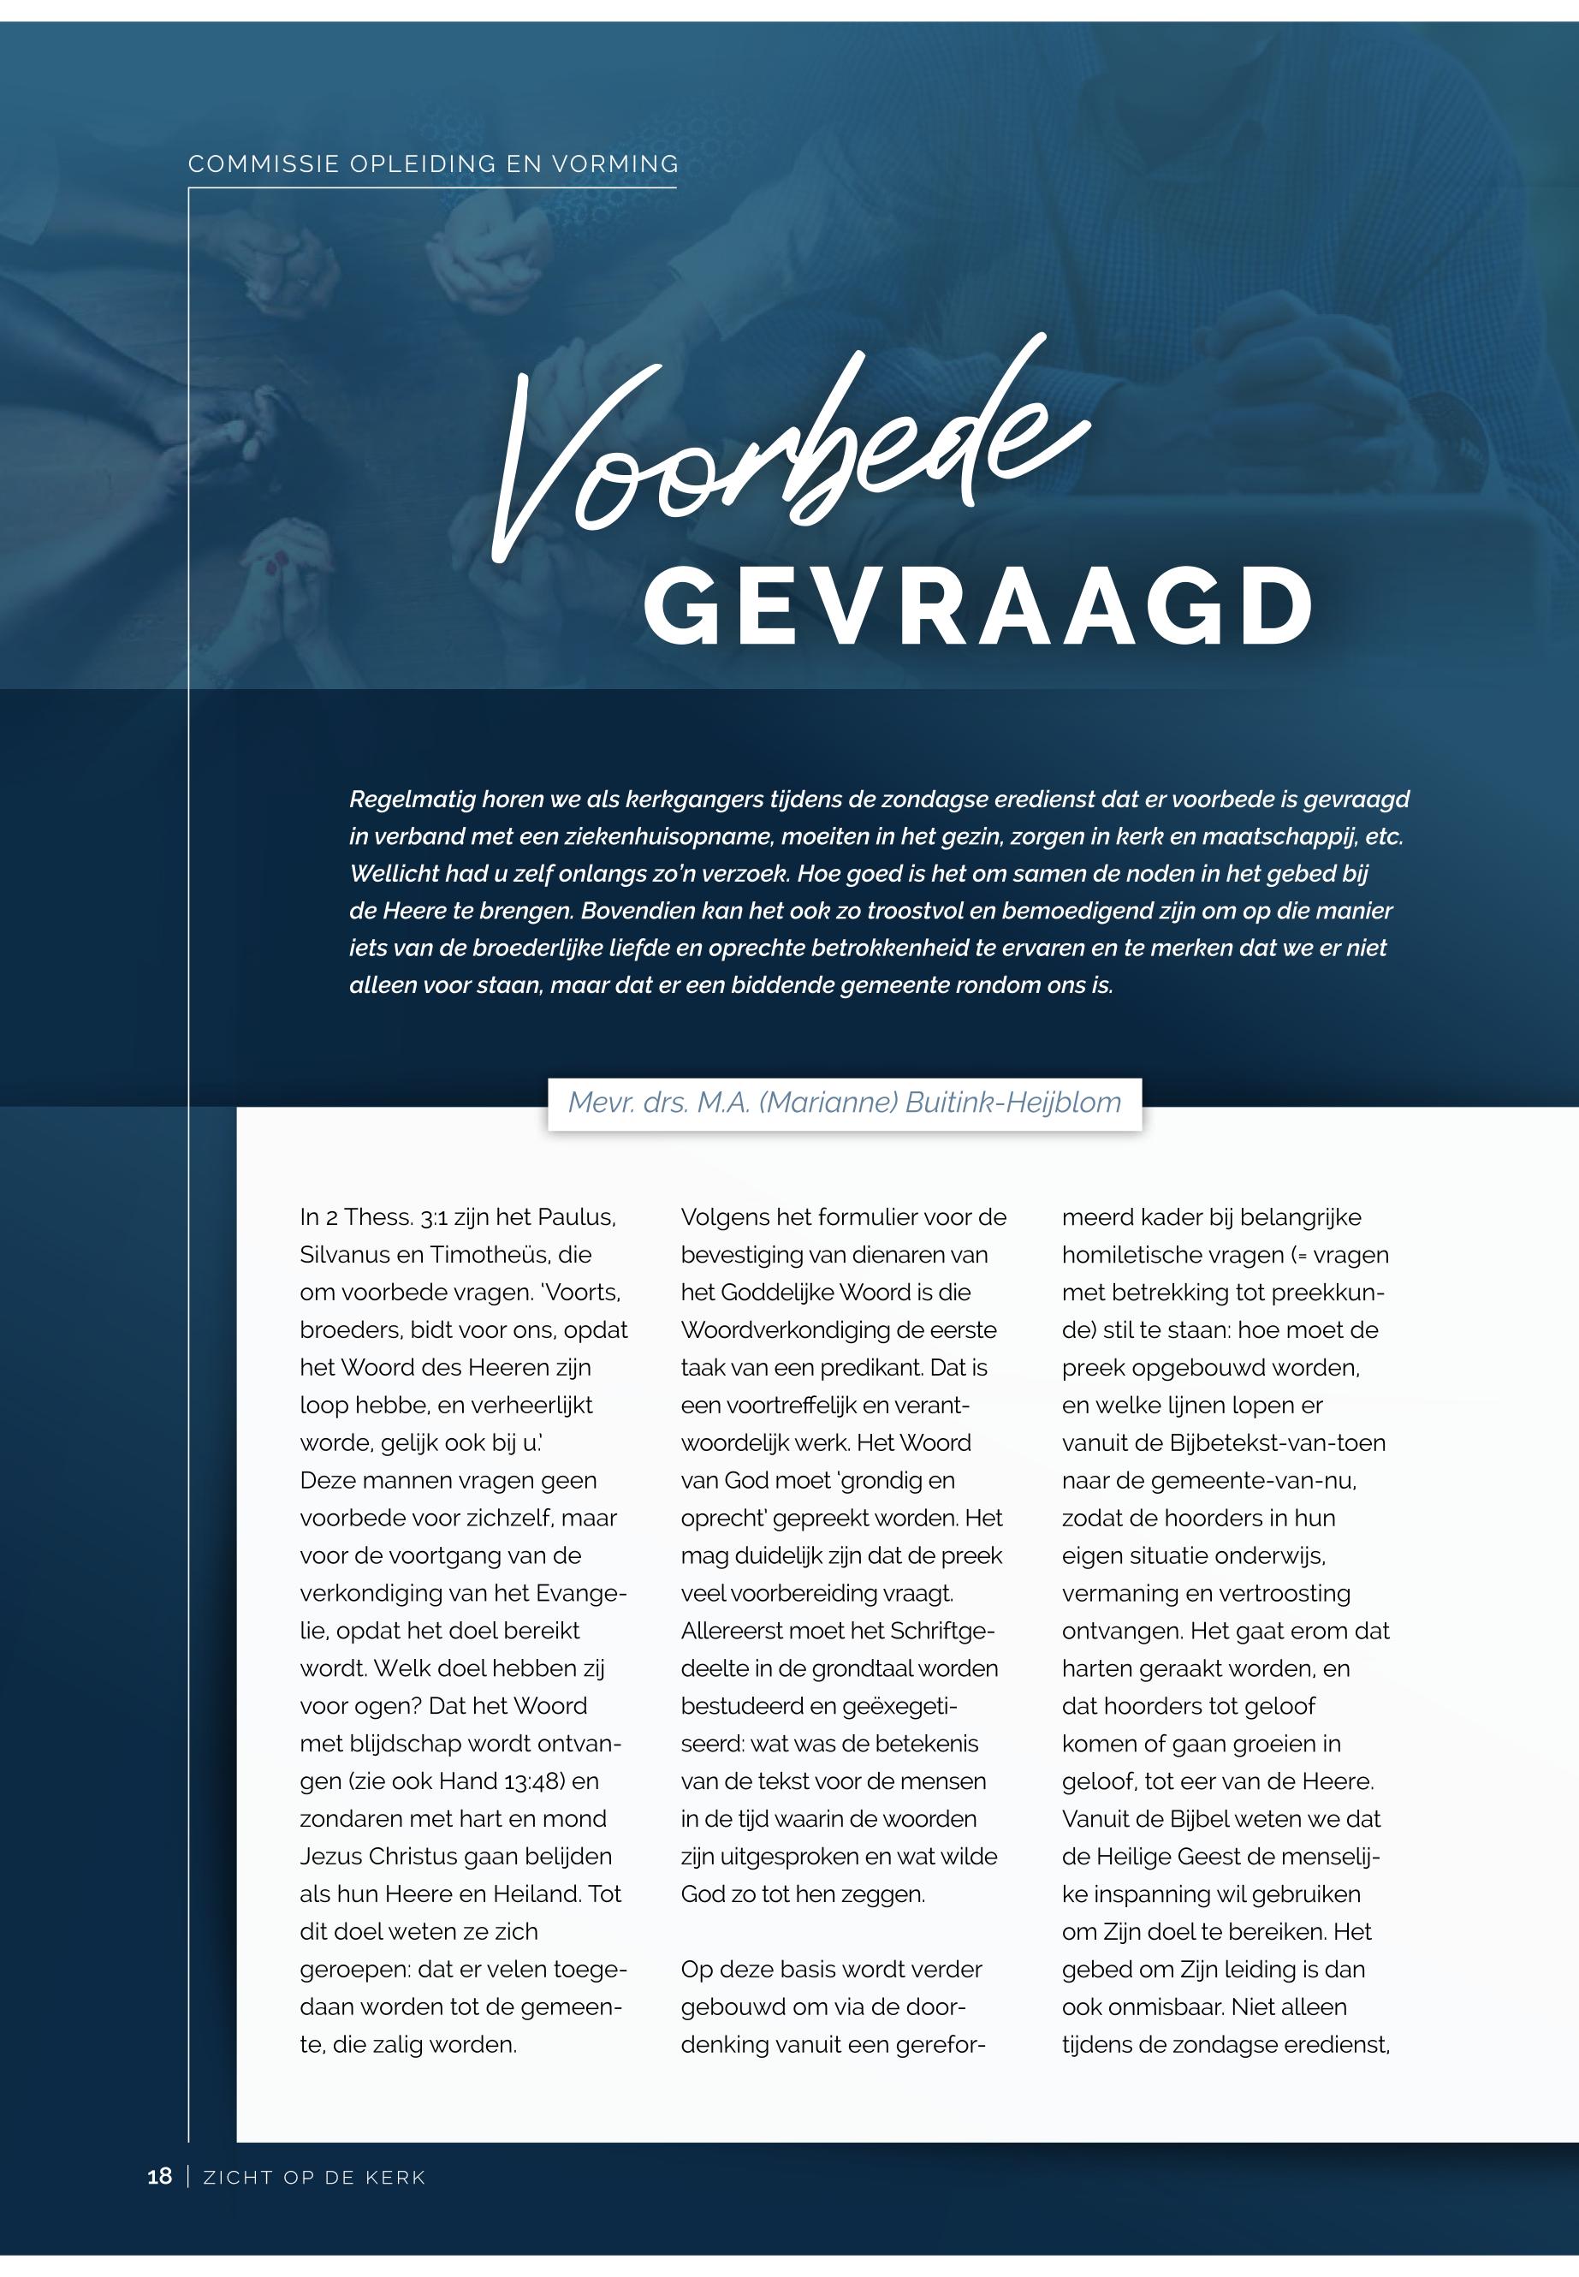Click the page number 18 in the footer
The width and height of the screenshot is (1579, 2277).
159,2175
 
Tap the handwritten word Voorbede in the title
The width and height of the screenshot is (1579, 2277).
792,455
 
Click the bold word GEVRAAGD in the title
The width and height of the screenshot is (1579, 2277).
979,607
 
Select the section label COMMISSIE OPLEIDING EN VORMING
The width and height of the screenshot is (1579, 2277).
433,163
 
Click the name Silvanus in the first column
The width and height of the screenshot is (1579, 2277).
347,1255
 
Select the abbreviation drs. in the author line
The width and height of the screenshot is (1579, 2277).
665,1103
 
